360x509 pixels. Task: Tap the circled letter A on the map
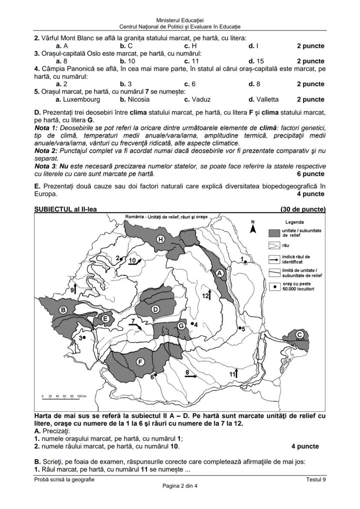220,273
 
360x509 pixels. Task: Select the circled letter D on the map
155,309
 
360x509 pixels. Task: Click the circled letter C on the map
300,334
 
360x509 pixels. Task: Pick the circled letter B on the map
63,310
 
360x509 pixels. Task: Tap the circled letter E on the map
105,319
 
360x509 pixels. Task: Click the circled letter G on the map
181,326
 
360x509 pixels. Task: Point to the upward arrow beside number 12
209,295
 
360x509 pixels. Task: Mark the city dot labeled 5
240,328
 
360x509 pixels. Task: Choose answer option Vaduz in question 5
197,100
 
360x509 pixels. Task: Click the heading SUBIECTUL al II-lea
65,209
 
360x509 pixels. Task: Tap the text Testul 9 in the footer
315,479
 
